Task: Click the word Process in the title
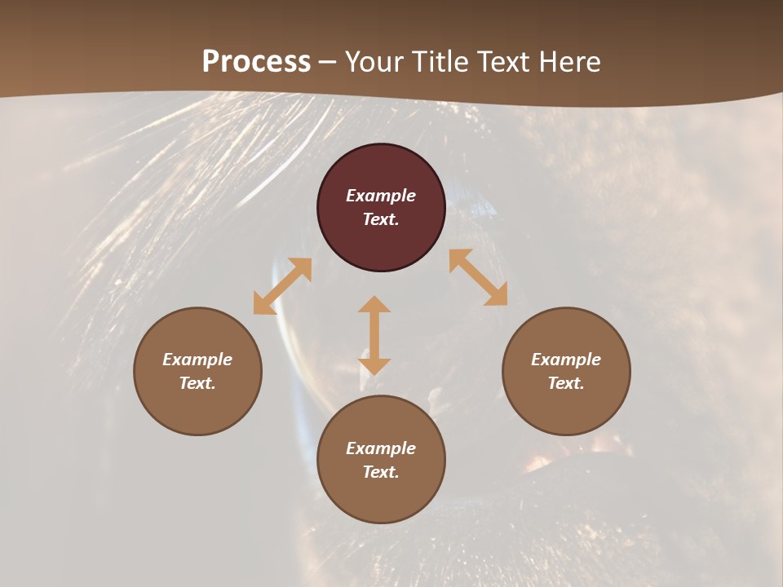pos(256,62)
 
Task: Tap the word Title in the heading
pos(440,62)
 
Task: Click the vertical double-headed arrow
pos(374,335)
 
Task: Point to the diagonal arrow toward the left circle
pos(282,286)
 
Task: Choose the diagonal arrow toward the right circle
pos(479,277)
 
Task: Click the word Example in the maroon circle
pos(381,196)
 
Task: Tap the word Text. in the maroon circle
pos(381,219)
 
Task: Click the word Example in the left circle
pos(197,360)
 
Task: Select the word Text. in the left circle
pos(197,383)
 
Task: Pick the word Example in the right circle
pos(566,360)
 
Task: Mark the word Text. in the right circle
pos(566,383)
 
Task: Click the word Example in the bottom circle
pos(381,448)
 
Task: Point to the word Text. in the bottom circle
pos(381,472)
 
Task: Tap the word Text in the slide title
pos(504,62)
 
